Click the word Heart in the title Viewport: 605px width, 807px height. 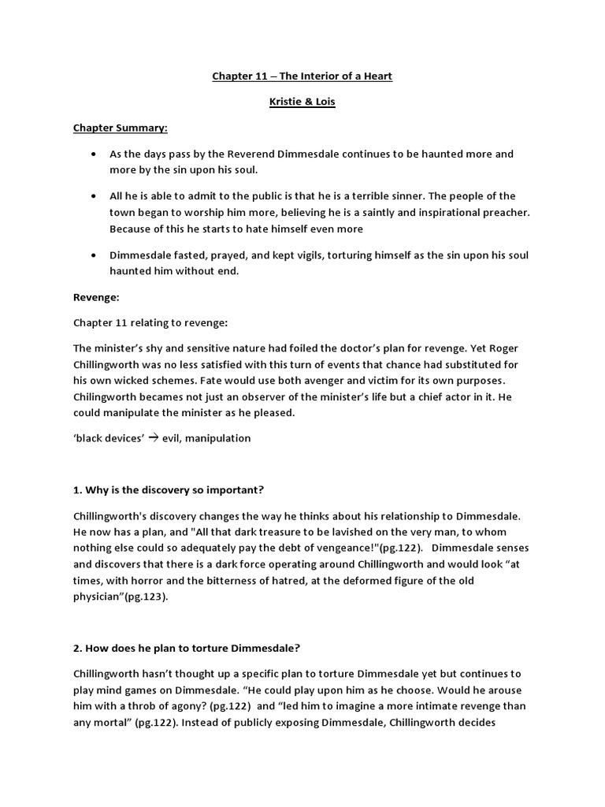[374, 76]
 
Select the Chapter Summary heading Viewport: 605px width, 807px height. [121, 128]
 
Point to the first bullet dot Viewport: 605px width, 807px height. [95, 154]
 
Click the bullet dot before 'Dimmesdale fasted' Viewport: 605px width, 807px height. [95, 255]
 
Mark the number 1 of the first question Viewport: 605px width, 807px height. [76, 489]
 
